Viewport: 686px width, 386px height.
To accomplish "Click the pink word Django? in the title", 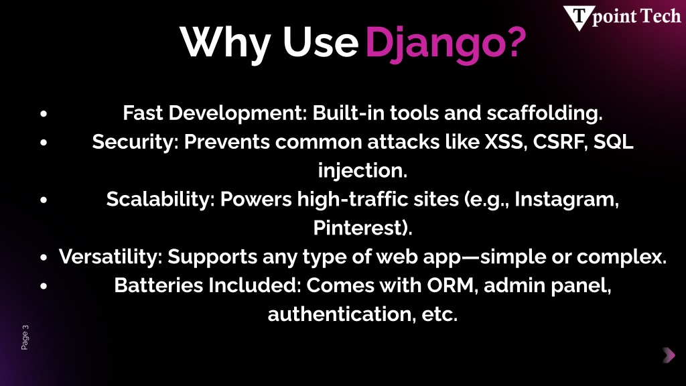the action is pyautogui.click(x=445, y=44).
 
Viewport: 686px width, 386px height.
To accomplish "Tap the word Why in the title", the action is pyautogui.click(x=225, y=44).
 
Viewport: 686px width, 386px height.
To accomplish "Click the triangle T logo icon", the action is pyautogui.click(x=578, y=17).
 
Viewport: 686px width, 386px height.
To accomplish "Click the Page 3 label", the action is pyautogui.click(x=25, y=337).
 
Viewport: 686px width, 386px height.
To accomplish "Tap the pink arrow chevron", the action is pyautogui.click(x=669, y=355).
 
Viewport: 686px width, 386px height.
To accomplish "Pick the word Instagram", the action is pyautogui.click(x=567, y=200).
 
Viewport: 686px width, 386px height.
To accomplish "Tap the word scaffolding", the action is pyautogui.click(x=545, y=113).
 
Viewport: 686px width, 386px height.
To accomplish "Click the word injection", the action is pyautogui.click(x=362, y=171).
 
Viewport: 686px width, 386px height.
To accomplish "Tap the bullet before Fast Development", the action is pyautogui.click(x=44, y=114).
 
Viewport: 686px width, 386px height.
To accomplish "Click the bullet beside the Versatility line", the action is pyautogui.click(x=44, y=258).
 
